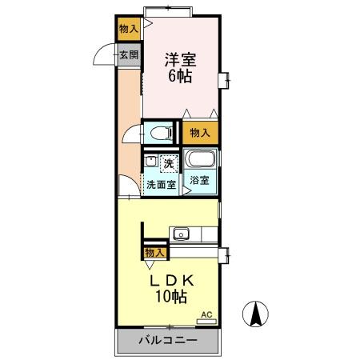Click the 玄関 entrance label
[x=128, y=55]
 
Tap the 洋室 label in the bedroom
[x=181, y=58]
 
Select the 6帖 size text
[x=181, y=78]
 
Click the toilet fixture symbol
[x=160, y=132]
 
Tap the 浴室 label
[x=199, y=180]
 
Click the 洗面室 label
[x=161, y=183]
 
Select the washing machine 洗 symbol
[x=168, y=163]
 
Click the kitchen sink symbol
[x=182, y=234]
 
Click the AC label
[x=206, y=314]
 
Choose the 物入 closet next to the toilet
[x=199, y=133]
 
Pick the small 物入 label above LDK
[x=154, y=253]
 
